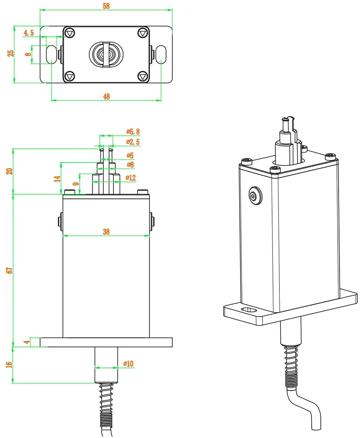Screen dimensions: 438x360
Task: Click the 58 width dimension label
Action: pyautogui.click(x=107, y=6)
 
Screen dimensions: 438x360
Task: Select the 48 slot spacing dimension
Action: pyautogui.click(x=107, y=96)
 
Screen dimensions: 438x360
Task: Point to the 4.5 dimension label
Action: pyautogui.click(x=28, y=33)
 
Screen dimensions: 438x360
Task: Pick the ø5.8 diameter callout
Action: pyautogui.click(x=133, y=132)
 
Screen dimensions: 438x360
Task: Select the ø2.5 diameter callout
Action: pyautogui.click(x=133, y=142)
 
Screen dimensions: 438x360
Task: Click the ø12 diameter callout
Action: pyautogui.click(x=130, y=178)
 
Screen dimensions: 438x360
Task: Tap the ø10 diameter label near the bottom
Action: pyautogui.click(x=129, y=364)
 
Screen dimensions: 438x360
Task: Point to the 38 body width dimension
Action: pyautogui.click(x=106, y=232)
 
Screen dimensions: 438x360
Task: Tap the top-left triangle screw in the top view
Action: pyautogui.click(x=69, y=33)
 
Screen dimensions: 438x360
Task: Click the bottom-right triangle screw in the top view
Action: pyautogui.click(x=143, y=76)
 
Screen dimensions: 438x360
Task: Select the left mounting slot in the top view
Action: pyautogui.click(x=51, y=55)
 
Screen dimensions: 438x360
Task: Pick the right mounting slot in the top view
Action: pyautogui.click(x=162, y=55)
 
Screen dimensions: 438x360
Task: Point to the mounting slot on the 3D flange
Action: pyautogui.click(x=249, y=311)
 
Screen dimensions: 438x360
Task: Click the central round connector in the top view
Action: pyautogui.click(x=106, y=55)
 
